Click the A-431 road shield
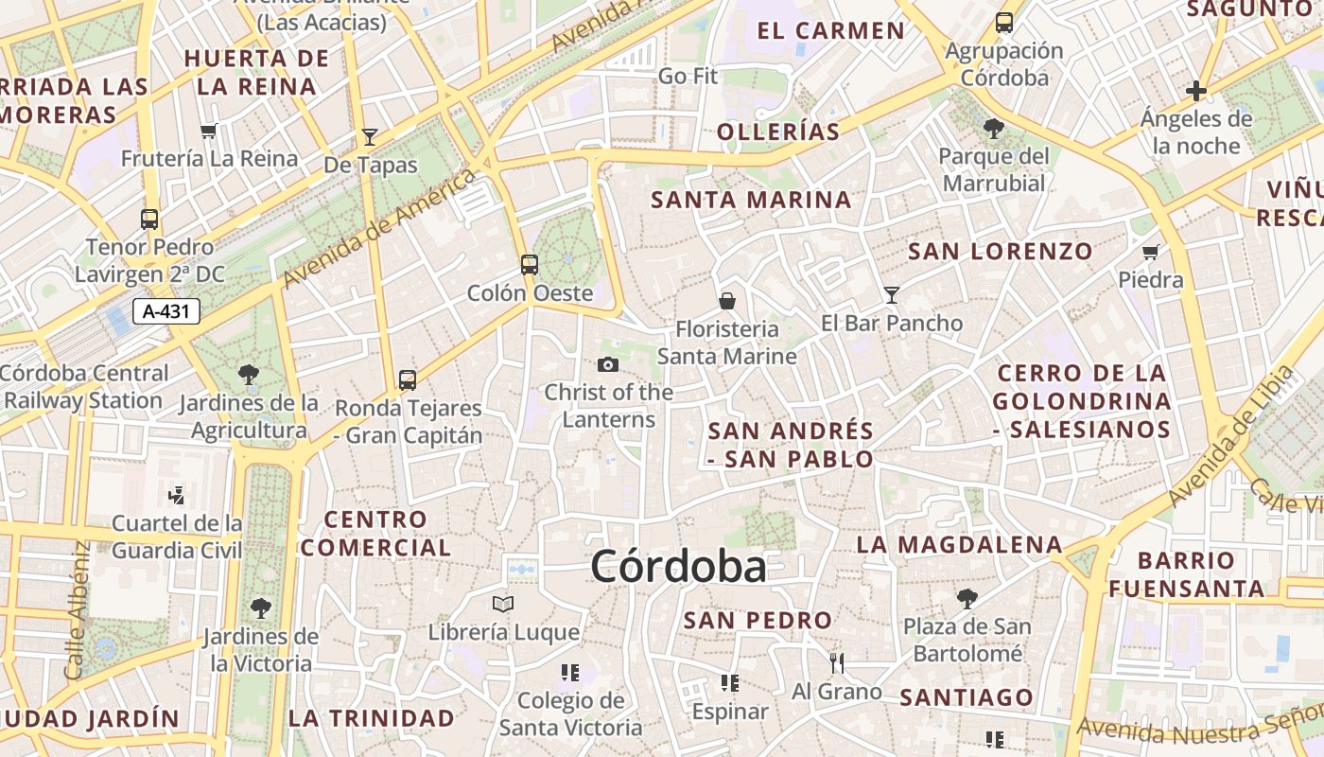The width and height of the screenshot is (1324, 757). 166,311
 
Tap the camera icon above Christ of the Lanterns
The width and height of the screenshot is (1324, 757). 608,364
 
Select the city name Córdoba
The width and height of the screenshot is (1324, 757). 678,567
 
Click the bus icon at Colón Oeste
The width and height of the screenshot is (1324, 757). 530,265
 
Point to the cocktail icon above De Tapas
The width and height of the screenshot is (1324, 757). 370,137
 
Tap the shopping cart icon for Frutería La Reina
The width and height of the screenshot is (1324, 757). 209,131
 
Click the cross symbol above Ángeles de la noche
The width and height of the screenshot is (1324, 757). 1196,91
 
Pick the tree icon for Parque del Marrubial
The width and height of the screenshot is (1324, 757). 993,128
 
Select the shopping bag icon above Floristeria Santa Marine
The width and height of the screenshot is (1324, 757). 727,301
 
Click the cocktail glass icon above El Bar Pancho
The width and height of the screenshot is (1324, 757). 891,295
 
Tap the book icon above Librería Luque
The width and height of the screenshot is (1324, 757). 503,604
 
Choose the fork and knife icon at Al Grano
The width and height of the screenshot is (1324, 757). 836,662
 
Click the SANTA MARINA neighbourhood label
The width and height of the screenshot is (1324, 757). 751,200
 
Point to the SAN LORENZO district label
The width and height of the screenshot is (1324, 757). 1000,252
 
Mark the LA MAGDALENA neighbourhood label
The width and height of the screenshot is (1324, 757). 959,545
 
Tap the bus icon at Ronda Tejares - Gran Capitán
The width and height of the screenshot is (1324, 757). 408,380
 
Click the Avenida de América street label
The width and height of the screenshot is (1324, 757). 378,230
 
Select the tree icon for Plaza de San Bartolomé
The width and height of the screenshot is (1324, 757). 967,598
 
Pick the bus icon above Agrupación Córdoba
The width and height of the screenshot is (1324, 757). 1004,23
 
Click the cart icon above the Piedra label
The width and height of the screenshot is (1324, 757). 1151,252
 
